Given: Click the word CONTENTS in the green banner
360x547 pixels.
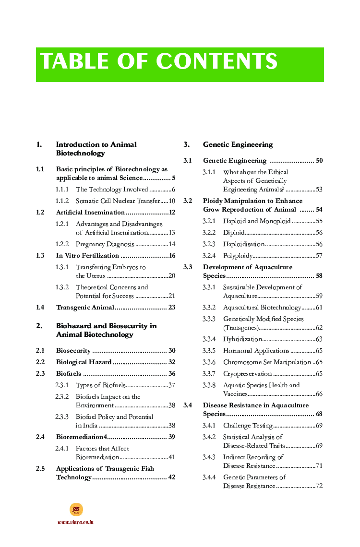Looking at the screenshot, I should [217, 62].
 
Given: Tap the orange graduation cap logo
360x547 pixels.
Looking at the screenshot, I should [76, 509].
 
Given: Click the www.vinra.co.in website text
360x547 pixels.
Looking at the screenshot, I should [75, 522].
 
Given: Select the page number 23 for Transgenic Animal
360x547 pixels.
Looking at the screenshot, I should [171, 308].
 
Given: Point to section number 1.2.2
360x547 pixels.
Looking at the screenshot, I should [62, 244].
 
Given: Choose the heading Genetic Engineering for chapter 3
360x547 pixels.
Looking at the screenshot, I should [238, 144].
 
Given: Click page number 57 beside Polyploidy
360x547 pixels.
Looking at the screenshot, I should [319, 256].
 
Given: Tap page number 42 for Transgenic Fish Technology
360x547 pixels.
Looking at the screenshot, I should [171, 477].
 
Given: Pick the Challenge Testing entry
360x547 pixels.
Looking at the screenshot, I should [248, 426].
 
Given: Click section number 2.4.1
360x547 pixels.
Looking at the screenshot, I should [62, 449].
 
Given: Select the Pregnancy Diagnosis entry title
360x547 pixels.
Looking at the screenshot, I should [105, 244].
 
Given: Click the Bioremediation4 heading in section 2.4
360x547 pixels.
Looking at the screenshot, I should [81, 437].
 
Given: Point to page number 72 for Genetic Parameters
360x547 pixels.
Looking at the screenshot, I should [319, 486].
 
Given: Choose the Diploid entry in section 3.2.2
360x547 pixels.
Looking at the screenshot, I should [234, 233].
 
